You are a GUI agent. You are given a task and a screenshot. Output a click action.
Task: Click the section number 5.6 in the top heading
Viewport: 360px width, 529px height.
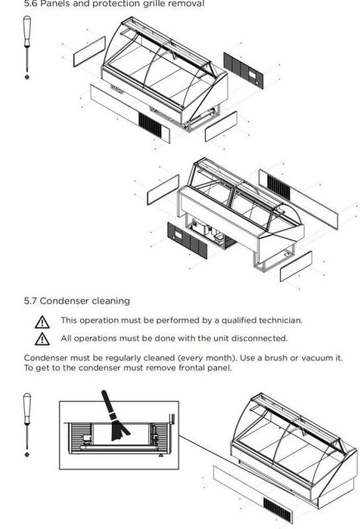(x=30, y=4)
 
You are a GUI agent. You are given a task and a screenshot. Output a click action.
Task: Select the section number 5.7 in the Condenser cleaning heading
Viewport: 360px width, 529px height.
(x=30, y=301)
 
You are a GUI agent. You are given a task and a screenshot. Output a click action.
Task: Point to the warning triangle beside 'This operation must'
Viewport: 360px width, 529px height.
(x=42, y=322)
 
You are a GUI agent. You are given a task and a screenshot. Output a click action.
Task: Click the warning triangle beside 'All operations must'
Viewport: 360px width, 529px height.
(x=42, y=339)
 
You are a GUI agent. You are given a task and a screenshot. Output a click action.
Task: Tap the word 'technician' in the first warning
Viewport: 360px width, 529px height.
(x=281, y=320)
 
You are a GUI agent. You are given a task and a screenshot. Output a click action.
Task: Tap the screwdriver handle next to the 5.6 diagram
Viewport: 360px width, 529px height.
(x=27, y=31)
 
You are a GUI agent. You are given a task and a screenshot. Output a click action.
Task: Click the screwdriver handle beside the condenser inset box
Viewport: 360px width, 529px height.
(x=27, y=409)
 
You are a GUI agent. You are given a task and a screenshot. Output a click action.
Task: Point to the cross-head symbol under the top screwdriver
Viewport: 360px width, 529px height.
(x=27, y=77)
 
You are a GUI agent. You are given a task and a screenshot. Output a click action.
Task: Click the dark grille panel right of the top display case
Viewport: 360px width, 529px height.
(x=244, y=70)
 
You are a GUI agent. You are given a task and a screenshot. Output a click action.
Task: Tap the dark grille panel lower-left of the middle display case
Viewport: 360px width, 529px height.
(x=187, y=240)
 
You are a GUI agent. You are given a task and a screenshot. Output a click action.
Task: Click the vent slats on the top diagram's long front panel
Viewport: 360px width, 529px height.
(x=150, y=125)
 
